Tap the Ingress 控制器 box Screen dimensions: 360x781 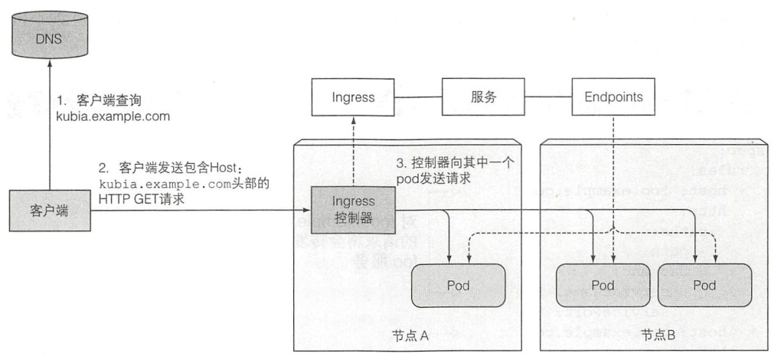point(353,208)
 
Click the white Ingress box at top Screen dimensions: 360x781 point(353,98)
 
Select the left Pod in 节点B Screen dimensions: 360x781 point(602,286)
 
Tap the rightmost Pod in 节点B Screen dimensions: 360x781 point(704,286)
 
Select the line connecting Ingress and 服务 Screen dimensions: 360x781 point(419,98)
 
